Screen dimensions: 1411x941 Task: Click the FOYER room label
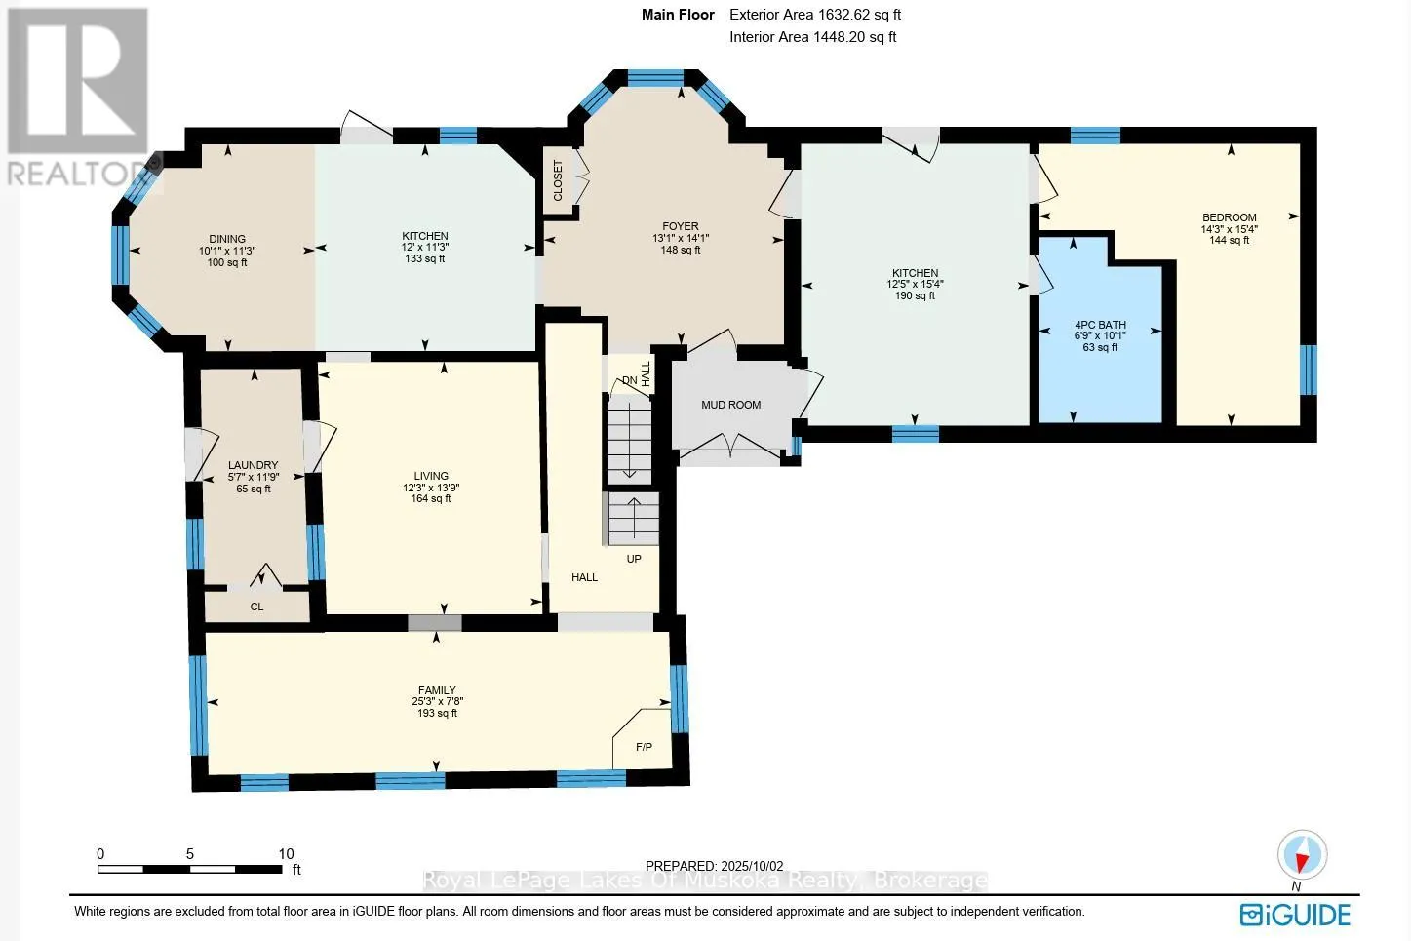click(x=681, y=226)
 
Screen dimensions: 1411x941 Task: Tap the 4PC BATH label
click(x=1100, y=325)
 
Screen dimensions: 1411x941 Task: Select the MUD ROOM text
click(x=730, y=405)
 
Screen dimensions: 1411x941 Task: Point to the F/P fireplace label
click(x=644, y=747)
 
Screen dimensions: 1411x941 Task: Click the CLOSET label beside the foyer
click(x=558, y=180)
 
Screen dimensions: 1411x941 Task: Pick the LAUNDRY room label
click(x=254, y=465)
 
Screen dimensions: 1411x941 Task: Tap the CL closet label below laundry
click(x=256, y=607)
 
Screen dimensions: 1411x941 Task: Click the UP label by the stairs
click(x=634, y=559)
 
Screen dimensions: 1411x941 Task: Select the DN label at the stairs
click(x=629, y=380)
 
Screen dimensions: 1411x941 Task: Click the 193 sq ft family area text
click(x=437, y=713)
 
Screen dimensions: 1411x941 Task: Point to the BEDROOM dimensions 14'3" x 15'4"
click(x=1229, y=229)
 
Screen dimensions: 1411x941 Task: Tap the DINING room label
click(x=227, y=239)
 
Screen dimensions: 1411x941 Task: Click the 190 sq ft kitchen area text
click(x=916, y=295)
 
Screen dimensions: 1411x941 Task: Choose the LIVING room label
click(x=431, y=476)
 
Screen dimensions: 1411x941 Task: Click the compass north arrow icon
click(x=1302, y=855)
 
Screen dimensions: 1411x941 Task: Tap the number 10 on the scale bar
click(x=286, y=854)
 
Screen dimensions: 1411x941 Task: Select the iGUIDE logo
click(x=1295, y=915)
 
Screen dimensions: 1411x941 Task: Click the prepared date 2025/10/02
click(x=750, y=867)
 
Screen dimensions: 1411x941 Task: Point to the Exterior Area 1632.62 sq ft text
click(x=815, y=15)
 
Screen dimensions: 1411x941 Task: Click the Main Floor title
click(x=678, y=15)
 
